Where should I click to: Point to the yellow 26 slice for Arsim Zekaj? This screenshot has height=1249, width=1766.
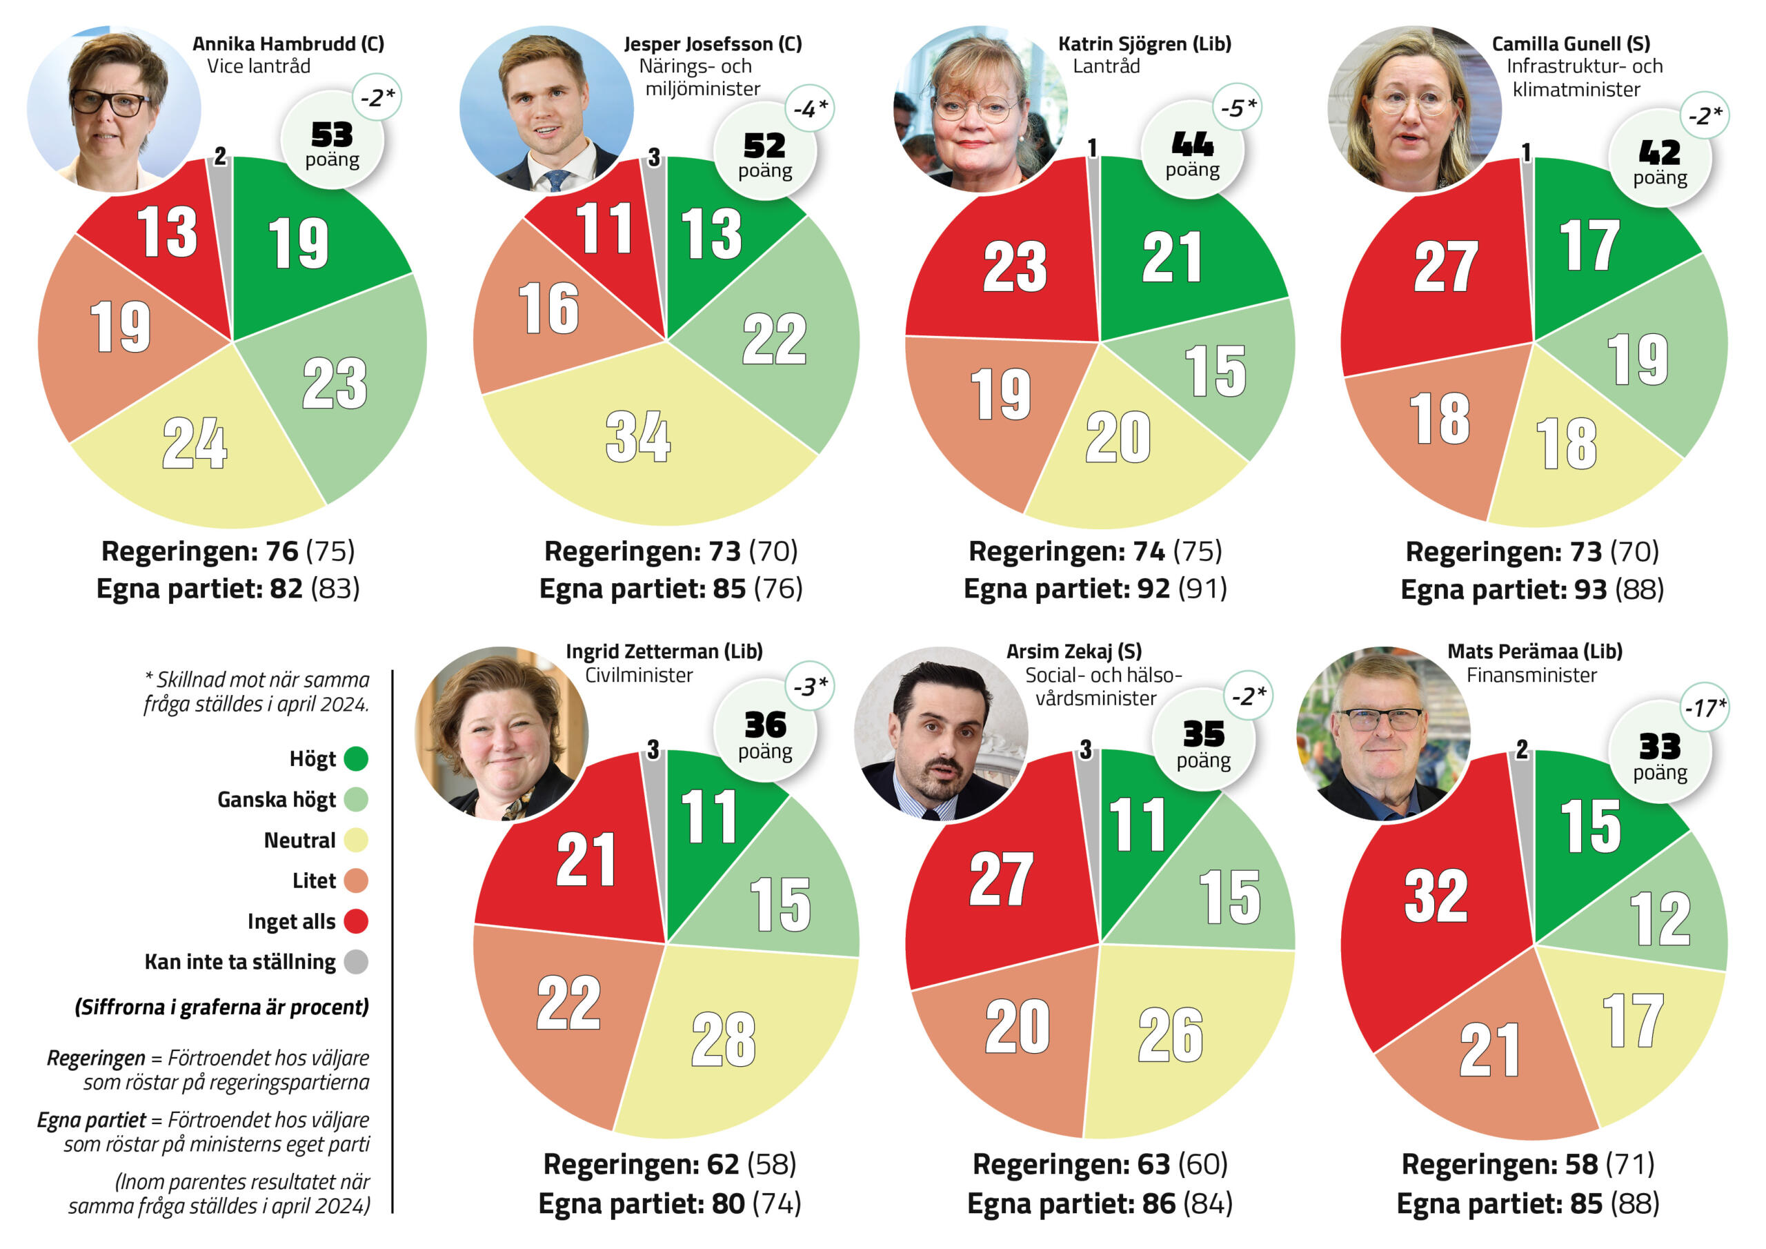click(x=1171, y=1035)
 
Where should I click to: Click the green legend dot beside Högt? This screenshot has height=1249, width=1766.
click(x=356, y=760)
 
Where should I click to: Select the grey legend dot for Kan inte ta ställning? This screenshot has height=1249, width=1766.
click(x=356, y=962)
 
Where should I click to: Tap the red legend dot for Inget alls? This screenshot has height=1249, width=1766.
click(x=356, y=921)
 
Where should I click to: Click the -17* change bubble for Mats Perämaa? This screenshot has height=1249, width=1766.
click(x=1705, y=707)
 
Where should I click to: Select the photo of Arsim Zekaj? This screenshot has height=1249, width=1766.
click(x=941, y=734)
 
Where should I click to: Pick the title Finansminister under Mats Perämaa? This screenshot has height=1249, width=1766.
click(x=1531, y=676)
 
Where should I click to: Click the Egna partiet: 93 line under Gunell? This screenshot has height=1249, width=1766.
click(x=1531, y=590)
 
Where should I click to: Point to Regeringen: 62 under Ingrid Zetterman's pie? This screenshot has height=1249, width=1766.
click(x=669, y=1164)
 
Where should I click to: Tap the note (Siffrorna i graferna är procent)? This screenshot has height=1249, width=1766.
click(x=221, y=1007)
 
